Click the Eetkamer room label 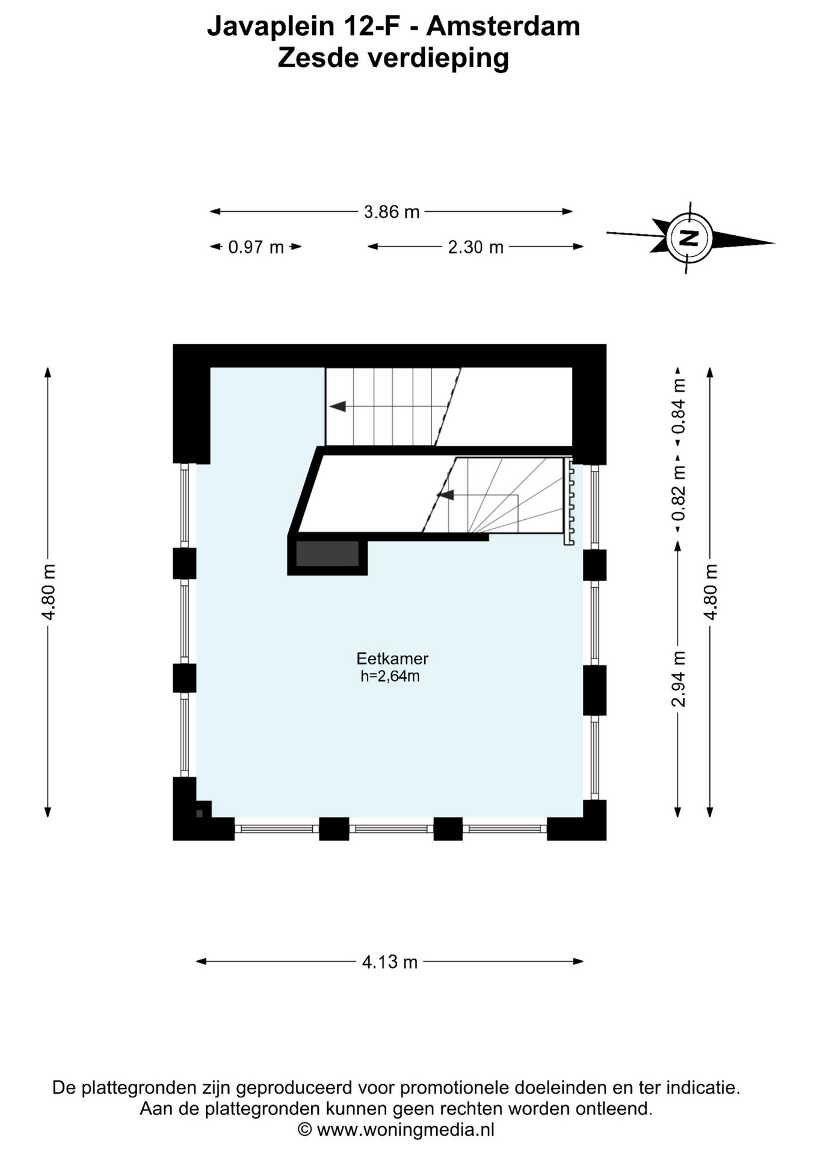(x=392, y=658)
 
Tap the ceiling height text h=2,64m (x=390, y=676)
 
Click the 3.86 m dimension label (x=392, y=212)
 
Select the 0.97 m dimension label (x=256, y=247)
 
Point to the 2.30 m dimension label (x=475, y=247)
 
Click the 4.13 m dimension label (x=390, y=962)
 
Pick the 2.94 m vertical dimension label (x=679, y=679)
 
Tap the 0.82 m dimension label (x=679, y=493)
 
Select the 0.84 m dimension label (x=679, y=406)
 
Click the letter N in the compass (x=689, y=238)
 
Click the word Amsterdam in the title (x=503, y=26)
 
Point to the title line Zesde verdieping (x=393, y=58)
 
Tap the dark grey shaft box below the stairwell (x=327, y=553)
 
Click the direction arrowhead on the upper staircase (x=338, y=407)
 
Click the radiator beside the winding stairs (x=569, y=501)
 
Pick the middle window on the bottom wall (x=391, y=829)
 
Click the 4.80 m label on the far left (x=48, y=592)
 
